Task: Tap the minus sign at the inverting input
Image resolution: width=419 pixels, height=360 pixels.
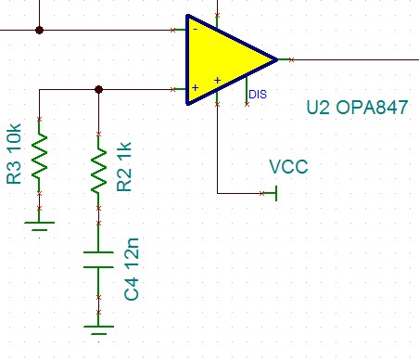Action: point(195,30)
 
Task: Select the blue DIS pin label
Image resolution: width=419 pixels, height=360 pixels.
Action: point(258,94)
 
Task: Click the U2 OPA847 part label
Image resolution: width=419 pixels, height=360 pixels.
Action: point(357,108)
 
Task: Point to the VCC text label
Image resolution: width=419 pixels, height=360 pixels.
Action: point(288,168)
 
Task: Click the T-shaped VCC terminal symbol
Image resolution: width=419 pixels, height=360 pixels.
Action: point(276,193)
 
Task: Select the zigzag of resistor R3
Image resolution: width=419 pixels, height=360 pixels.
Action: point(39,156)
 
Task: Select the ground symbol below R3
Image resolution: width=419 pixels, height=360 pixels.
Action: point(39,224)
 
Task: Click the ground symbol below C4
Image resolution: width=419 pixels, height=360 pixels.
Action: point(98,327)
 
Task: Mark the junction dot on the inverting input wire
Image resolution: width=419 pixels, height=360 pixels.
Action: point(39,30)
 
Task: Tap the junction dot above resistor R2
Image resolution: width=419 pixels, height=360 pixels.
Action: point(98,89)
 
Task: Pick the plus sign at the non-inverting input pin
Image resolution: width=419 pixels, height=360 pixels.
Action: point(195,89)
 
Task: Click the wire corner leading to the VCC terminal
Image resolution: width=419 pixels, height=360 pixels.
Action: point(217,193)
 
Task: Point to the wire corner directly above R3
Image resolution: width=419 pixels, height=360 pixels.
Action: point(39,89)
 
